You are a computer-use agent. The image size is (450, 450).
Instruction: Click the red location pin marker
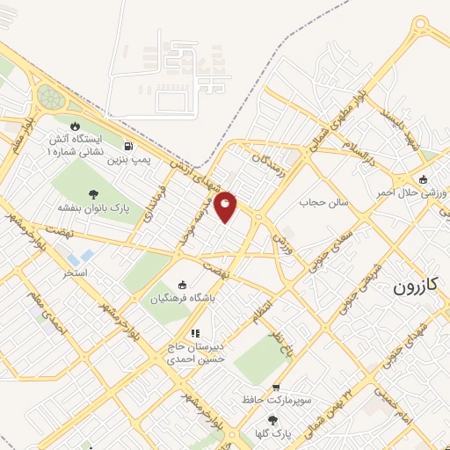pyautogui.click(x=226, y=206)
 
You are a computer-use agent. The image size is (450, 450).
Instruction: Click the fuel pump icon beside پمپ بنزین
pyautogui.click(x=130, y=147)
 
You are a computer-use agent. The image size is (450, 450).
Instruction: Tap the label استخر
pyautogui.click(x=75, y=273)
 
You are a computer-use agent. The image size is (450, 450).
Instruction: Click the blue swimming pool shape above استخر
pyautogui.click(x=85, y=258)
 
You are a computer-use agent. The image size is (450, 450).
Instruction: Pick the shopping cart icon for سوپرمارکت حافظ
pyautogui.click(x=277, y=387)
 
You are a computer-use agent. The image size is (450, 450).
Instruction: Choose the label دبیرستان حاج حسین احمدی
pyautogui.click(x=196, y=352)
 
